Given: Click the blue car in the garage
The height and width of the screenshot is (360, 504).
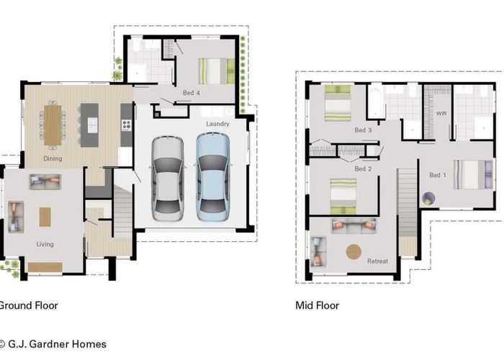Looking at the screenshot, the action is point(212,177).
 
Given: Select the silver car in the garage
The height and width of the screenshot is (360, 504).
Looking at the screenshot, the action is point(168,179).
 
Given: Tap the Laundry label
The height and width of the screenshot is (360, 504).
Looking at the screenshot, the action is point(217,124).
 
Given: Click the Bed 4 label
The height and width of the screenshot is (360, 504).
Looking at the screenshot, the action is point(192,93).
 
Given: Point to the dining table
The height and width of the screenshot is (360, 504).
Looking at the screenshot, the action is point(53,125).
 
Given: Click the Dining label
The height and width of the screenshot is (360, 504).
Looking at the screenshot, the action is point(53,158).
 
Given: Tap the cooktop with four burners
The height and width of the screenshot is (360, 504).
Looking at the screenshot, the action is point(126,125).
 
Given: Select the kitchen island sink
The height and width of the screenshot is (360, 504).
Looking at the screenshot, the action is point(93,125).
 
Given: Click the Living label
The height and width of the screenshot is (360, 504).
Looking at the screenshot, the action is point(45,244).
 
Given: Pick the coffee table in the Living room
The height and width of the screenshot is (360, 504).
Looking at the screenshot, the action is point(45,217).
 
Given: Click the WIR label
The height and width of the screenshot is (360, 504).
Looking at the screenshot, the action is point(441,114).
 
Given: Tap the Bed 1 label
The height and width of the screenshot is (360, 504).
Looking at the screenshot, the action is point(438,175).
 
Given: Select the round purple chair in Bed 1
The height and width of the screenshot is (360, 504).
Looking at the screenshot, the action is point(428,198).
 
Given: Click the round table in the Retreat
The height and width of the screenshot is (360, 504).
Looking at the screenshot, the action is point(354,251).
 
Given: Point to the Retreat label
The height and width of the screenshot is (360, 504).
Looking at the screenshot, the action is point(377,261).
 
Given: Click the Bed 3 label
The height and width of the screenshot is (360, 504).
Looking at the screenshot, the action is point(363,130).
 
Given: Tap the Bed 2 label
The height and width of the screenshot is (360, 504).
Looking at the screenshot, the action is point(363,168).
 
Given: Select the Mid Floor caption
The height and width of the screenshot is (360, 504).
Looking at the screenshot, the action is point(317,305).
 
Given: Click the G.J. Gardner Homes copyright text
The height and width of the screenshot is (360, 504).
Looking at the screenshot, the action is point(53,344).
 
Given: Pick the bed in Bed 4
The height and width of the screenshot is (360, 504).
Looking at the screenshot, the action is point(216,71).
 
